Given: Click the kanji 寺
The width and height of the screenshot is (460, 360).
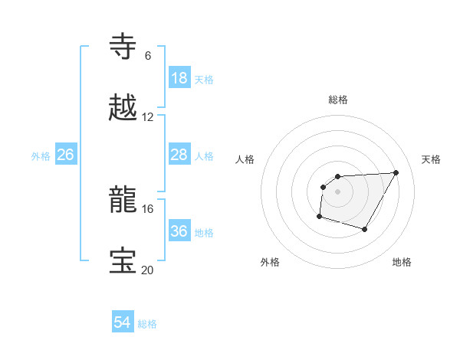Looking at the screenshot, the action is (x=123, y=47).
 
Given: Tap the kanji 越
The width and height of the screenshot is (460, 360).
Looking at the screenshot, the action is (x=123, y=108).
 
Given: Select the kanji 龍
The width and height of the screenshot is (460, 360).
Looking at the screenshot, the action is (x=123, y=200).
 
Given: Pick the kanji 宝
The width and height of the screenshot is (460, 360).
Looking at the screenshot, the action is (x=123, y=261).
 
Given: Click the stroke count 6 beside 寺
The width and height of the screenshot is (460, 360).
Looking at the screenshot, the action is (x=147, y=55).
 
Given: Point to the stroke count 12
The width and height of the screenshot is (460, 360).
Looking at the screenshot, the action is (x=147, y=116).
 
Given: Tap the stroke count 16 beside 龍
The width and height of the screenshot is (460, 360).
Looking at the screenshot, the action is (x=147, y=208).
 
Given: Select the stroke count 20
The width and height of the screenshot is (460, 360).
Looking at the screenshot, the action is (x=147, y=270).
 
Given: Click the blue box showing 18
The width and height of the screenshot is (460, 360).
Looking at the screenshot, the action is (x=179, y=78).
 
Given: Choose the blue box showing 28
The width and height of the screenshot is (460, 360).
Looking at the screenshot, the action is (x=179, y=155).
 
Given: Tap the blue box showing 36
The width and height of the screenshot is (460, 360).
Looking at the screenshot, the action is (x=179, y=231).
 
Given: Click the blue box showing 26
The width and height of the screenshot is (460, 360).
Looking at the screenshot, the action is (x=66, y=155).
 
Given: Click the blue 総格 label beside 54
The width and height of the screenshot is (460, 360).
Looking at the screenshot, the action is (x=147, y=324).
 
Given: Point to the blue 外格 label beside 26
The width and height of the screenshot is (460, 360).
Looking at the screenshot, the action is (x=41, y=156).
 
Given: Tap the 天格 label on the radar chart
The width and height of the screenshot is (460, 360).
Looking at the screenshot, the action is (x=431, y=159).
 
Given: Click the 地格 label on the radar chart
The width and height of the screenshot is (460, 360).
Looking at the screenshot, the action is (x=402, y=262).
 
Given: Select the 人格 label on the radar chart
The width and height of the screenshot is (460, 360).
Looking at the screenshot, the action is (x=245, y=159).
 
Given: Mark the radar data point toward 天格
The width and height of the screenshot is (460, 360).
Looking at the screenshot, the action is (x=396, y=172).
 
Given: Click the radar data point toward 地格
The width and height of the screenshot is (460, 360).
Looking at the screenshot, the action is (x=365, y=229).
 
